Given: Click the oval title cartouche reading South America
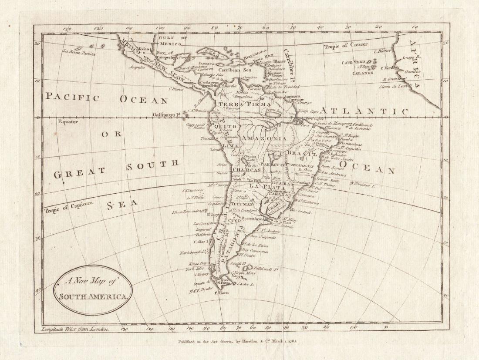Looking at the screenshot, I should [93, 290].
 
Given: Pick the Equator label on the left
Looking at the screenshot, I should [67, 122].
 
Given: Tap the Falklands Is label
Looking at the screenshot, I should [266, 269].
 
